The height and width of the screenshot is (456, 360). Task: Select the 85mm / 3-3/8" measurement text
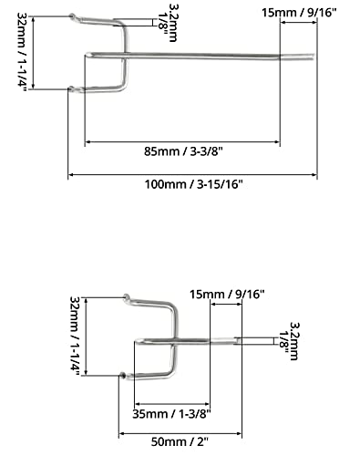(x=181, y=151)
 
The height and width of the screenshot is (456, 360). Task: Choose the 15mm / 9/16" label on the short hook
(x=227, y=294)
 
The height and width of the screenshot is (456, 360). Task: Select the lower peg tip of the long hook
(x=70, y=88)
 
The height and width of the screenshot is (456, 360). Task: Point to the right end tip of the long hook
(x=314, y=59)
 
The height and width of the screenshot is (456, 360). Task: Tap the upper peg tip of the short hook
(x=123, y=296)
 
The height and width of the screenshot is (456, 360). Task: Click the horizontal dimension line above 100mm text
(x=192, y=174)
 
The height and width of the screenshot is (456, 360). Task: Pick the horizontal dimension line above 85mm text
(x=181, y=142)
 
